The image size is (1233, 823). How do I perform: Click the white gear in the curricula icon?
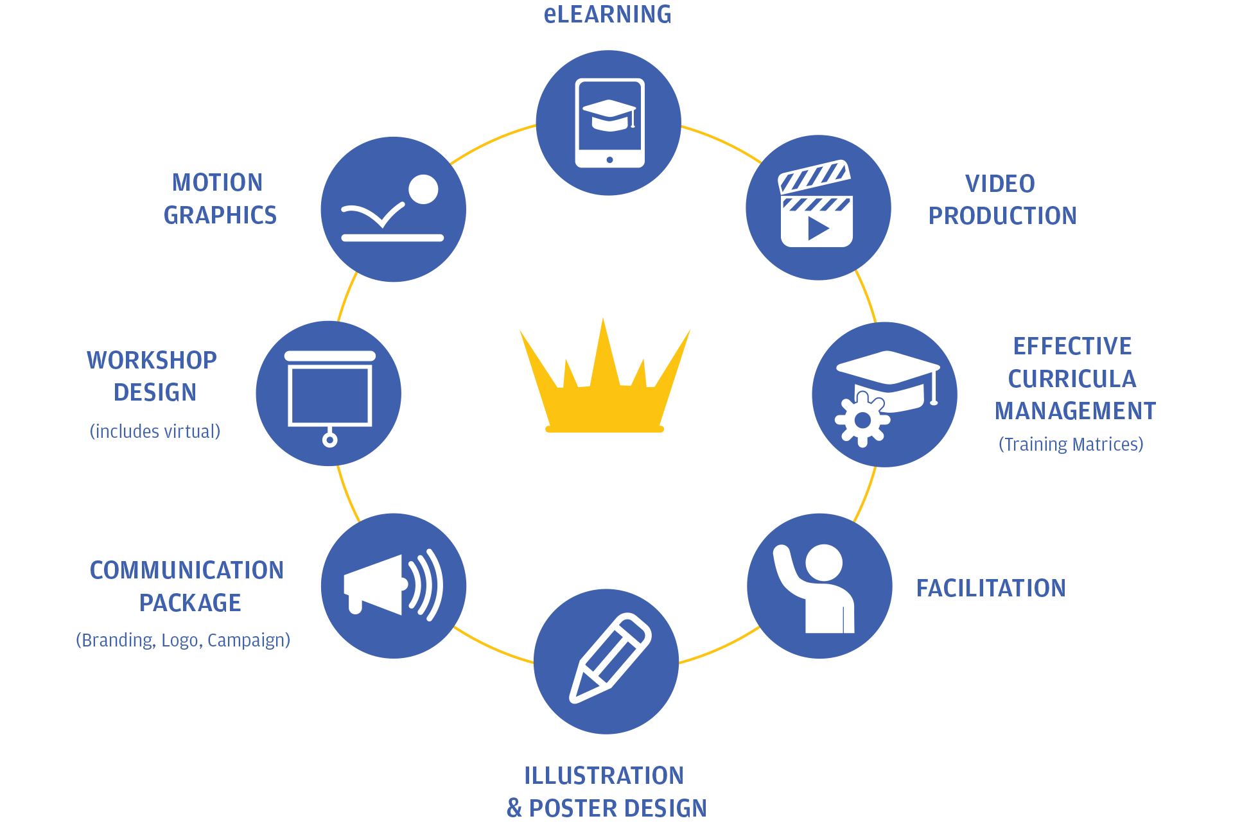[x=862, y=420]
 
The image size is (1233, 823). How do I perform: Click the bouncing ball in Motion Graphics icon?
[x=423, y=189]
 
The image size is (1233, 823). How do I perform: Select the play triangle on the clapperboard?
[x=818, y=228]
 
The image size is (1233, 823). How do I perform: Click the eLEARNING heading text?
[x=608, y=14]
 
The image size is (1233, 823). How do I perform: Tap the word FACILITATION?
[x=990, y=588]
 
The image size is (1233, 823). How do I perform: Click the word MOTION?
[x=217, y=182]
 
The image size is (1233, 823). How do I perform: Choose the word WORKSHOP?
[x=152, y=360]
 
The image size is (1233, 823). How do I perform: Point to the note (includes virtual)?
[x=155, y=431]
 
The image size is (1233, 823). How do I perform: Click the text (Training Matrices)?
[x=1071, y=444]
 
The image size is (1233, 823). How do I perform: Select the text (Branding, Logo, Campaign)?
[x=183, y=640]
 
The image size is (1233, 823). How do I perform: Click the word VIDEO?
[x=1000, y=184]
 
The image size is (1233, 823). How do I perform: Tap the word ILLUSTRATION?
[x=604, y=775]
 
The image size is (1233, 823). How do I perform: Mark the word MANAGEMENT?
[x=1075, y=411]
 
